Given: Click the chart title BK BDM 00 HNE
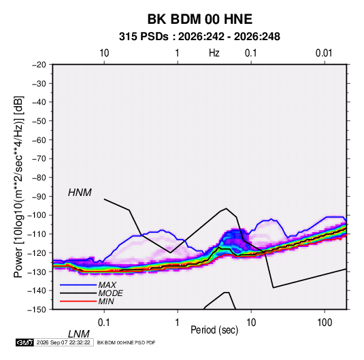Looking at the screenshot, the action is point(199,19).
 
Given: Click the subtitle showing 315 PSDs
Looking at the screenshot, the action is point(199,37).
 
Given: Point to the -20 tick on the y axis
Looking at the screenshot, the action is point(39,65).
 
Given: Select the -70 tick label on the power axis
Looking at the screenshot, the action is point(39,159).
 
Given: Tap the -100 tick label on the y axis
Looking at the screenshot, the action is point(37,215).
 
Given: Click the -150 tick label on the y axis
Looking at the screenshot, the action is point(37,310).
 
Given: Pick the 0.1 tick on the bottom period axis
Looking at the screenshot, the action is point(103,323).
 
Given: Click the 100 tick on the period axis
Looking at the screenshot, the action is point(325,323).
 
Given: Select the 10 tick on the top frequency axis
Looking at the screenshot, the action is point(104,53).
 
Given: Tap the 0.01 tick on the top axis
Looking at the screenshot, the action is point(324,53).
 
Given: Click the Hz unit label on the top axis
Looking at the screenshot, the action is point(214,53).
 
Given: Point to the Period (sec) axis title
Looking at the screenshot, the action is point(214,330).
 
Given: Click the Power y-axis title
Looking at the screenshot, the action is point(18,187).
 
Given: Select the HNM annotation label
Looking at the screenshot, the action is point(80,193).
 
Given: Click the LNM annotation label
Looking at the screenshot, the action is point(79,334).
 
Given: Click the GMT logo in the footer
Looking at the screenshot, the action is point(25,342).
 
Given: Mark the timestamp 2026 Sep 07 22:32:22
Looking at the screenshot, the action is point(63,342).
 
